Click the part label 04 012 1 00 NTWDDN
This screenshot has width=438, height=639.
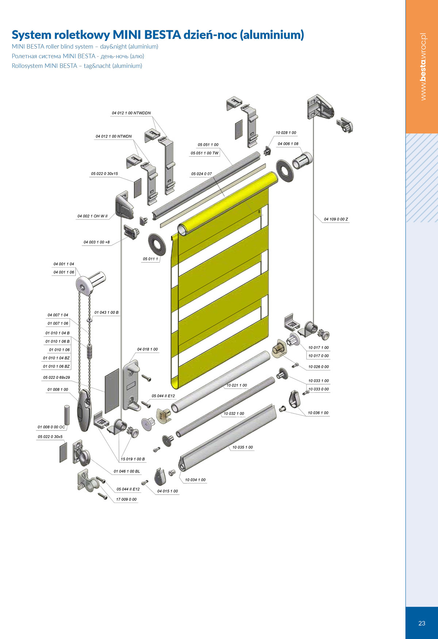(x=131, y=113)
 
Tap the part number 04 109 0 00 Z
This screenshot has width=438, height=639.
(x=336, y=219)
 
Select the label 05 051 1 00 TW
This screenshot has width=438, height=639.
(x=204, y=153)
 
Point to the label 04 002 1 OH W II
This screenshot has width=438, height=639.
(x=92, y=216)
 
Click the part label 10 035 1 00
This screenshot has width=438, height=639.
(x=242, y=447)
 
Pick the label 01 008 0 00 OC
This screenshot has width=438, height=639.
(x=51, y=427)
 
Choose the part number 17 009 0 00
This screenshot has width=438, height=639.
(x=126, y=499)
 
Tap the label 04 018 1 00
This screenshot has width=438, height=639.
(x=147, y=349)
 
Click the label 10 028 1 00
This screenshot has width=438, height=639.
(x=286, y=133)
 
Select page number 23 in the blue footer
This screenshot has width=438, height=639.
(x=422, y=623)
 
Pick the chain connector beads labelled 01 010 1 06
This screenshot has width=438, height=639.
(x=89, y=351)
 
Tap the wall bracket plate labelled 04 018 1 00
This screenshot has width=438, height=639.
(x=131, y=385)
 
